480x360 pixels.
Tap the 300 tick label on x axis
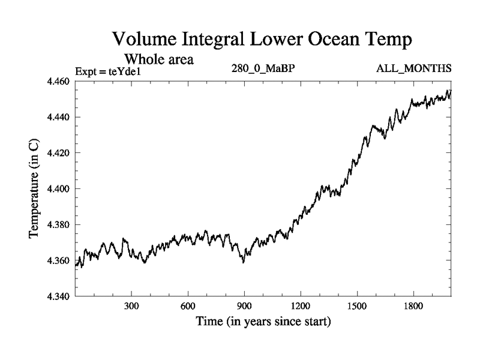coord(131,306)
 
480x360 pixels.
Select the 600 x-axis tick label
coord(188,306)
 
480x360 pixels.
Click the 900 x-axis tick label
coord(244,306)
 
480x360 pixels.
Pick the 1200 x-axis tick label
coord(301,306)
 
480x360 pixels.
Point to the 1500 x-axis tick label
coord(357,306)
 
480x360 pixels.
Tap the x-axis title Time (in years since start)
coord(263,322)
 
